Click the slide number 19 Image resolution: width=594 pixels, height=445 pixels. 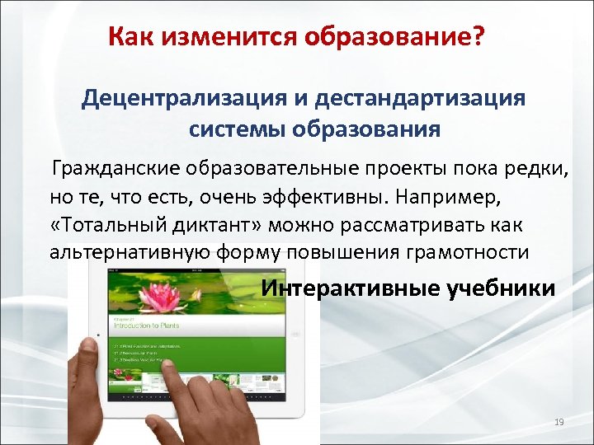[x=559, y=423]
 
